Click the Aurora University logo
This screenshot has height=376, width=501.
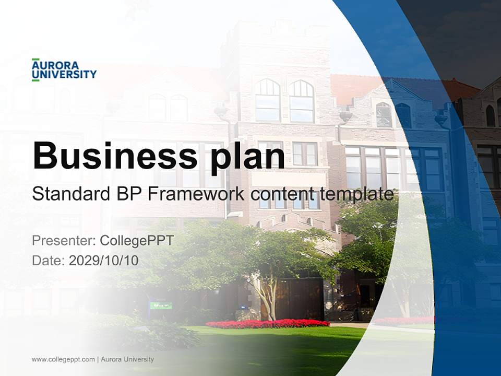(x=64, y=70)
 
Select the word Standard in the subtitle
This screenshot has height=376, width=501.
(x=69, y=194)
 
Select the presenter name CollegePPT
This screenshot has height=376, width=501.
(x=136, y=241)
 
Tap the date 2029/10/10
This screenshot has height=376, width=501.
(x=104, y=261)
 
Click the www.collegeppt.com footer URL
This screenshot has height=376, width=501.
(x=63, y=359)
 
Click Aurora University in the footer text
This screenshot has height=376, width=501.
(x=127, y=359)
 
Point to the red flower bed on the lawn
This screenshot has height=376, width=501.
(x=267, y=324)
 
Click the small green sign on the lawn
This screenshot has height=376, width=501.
(x=161, y=305)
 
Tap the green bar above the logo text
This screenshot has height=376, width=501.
(x=35, y=59)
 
